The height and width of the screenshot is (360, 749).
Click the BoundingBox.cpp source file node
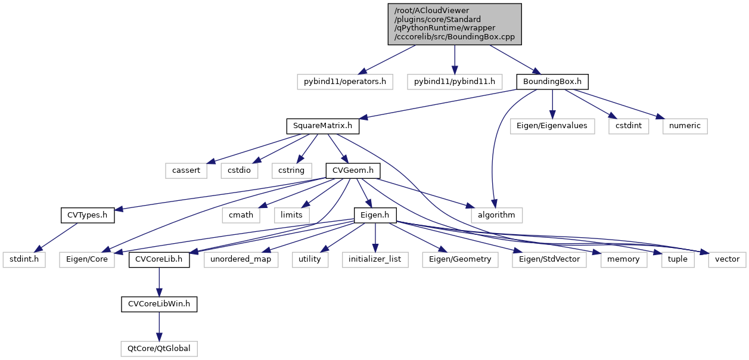click(x=455, y=24)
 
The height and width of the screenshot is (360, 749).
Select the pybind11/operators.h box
click(x=345, y=81)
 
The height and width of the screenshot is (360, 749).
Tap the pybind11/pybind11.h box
click(x=455, y=81)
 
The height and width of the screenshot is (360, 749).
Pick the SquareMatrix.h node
click(x=323, y=126)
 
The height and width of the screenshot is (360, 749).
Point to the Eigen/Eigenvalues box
click(x=552, y=126)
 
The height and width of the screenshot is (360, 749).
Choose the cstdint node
click(x=628, y=126)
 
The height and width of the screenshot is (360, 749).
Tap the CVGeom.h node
click(x=353, y=170)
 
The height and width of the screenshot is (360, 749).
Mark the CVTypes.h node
click(x=88, y=215)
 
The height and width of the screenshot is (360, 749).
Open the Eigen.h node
click(x=375, y=215)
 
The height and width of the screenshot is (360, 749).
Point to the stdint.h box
click(x=24, y=259)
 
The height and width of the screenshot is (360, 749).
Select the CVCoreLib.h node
click(x=159, y=259)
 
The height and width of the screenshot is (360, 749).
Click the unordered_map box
click(x=241, y=259)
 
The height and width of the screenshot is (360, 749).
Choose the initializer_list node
click(x=375, y=259)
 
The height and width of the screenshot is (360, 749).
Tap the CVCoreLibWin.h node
click(x=159, y=304)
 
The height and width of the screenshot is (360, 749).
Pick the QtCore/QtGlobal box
click(x=159, y=348)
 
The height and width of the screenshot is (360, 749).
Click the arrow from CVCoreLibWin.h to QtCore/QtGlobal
click(x=159, y=326)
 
